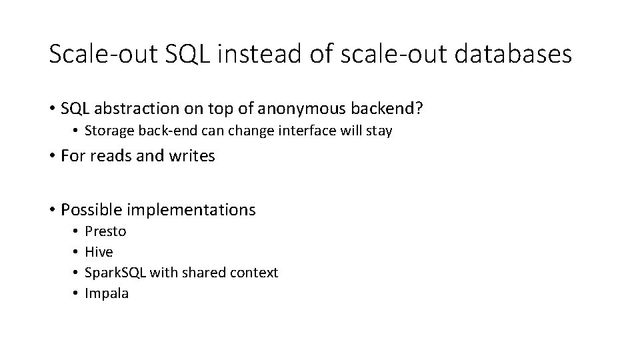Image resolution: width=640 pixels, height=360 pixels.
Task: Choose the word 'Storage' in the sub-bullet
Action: click(x=108, y=131)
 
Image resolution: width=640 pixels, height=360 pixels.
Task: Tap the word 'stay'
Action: click(x=378, y=131)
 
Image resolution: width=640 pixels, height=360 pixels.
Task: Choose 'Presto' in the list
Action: click(x=105, y=231)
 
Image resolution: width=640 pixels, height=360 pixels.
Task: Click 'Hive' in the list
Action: click(x=99, y=252)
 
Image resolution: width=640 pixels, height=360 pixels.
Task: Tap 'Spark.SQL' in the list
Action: click(x=116, y=273)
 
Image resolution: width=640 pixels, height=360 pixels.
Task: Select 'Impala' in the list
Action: click(x=107, y=293)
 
